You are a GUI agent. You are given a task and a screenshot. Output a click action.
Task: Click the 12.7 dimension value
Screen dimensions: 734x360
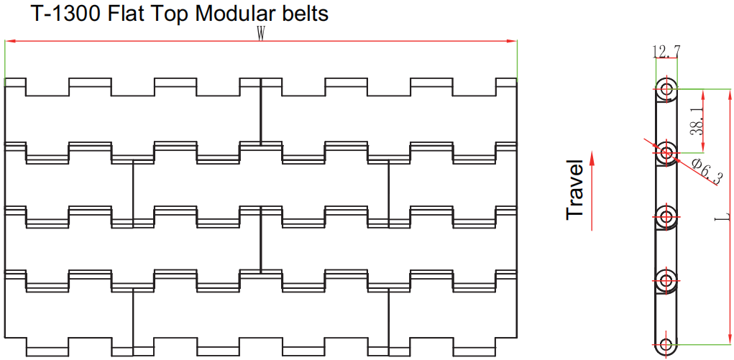click(666, 52)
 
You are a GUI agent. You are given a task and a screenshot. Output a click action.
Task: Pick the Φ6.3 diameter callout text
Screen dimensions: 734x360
click(707, 171)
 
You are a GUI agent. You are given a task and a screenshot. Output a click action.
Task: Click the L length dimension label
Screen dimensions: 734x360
click(723, 217)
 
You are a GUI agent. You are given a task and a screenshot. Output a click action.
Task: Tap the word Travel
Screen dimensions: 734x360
click(575, 189)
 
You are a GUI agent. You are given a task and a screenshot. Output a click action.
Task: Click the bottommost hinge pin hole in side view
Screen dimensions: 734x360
click(666, 344)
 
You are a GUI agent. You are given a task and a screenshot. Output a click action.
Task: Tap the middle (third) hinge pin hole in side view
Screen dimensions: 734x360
click(666, 216)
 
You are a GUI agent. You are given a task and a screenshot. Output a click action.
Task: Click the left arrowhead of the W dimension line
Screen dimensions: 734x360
click(9, 41)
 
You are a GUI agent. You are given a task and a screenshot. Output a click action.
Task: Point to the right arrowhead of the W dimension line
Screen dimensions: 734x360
click(513, 41)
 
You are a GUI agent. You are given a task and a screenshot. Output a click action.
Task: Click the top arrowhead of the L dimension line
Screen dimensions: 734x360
click(729, 93)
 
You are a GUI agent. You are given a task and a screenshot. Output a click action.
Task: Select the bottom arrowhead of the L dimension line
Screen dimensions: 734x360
click(729, 339)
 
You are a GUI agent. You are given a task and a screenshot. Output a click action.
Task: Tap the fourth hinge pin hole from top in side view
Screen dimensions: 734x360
click(666, 280)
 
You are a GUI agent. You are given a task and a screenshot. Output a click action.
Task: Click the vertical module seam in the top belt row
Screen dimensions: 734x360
click(261, 111)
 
